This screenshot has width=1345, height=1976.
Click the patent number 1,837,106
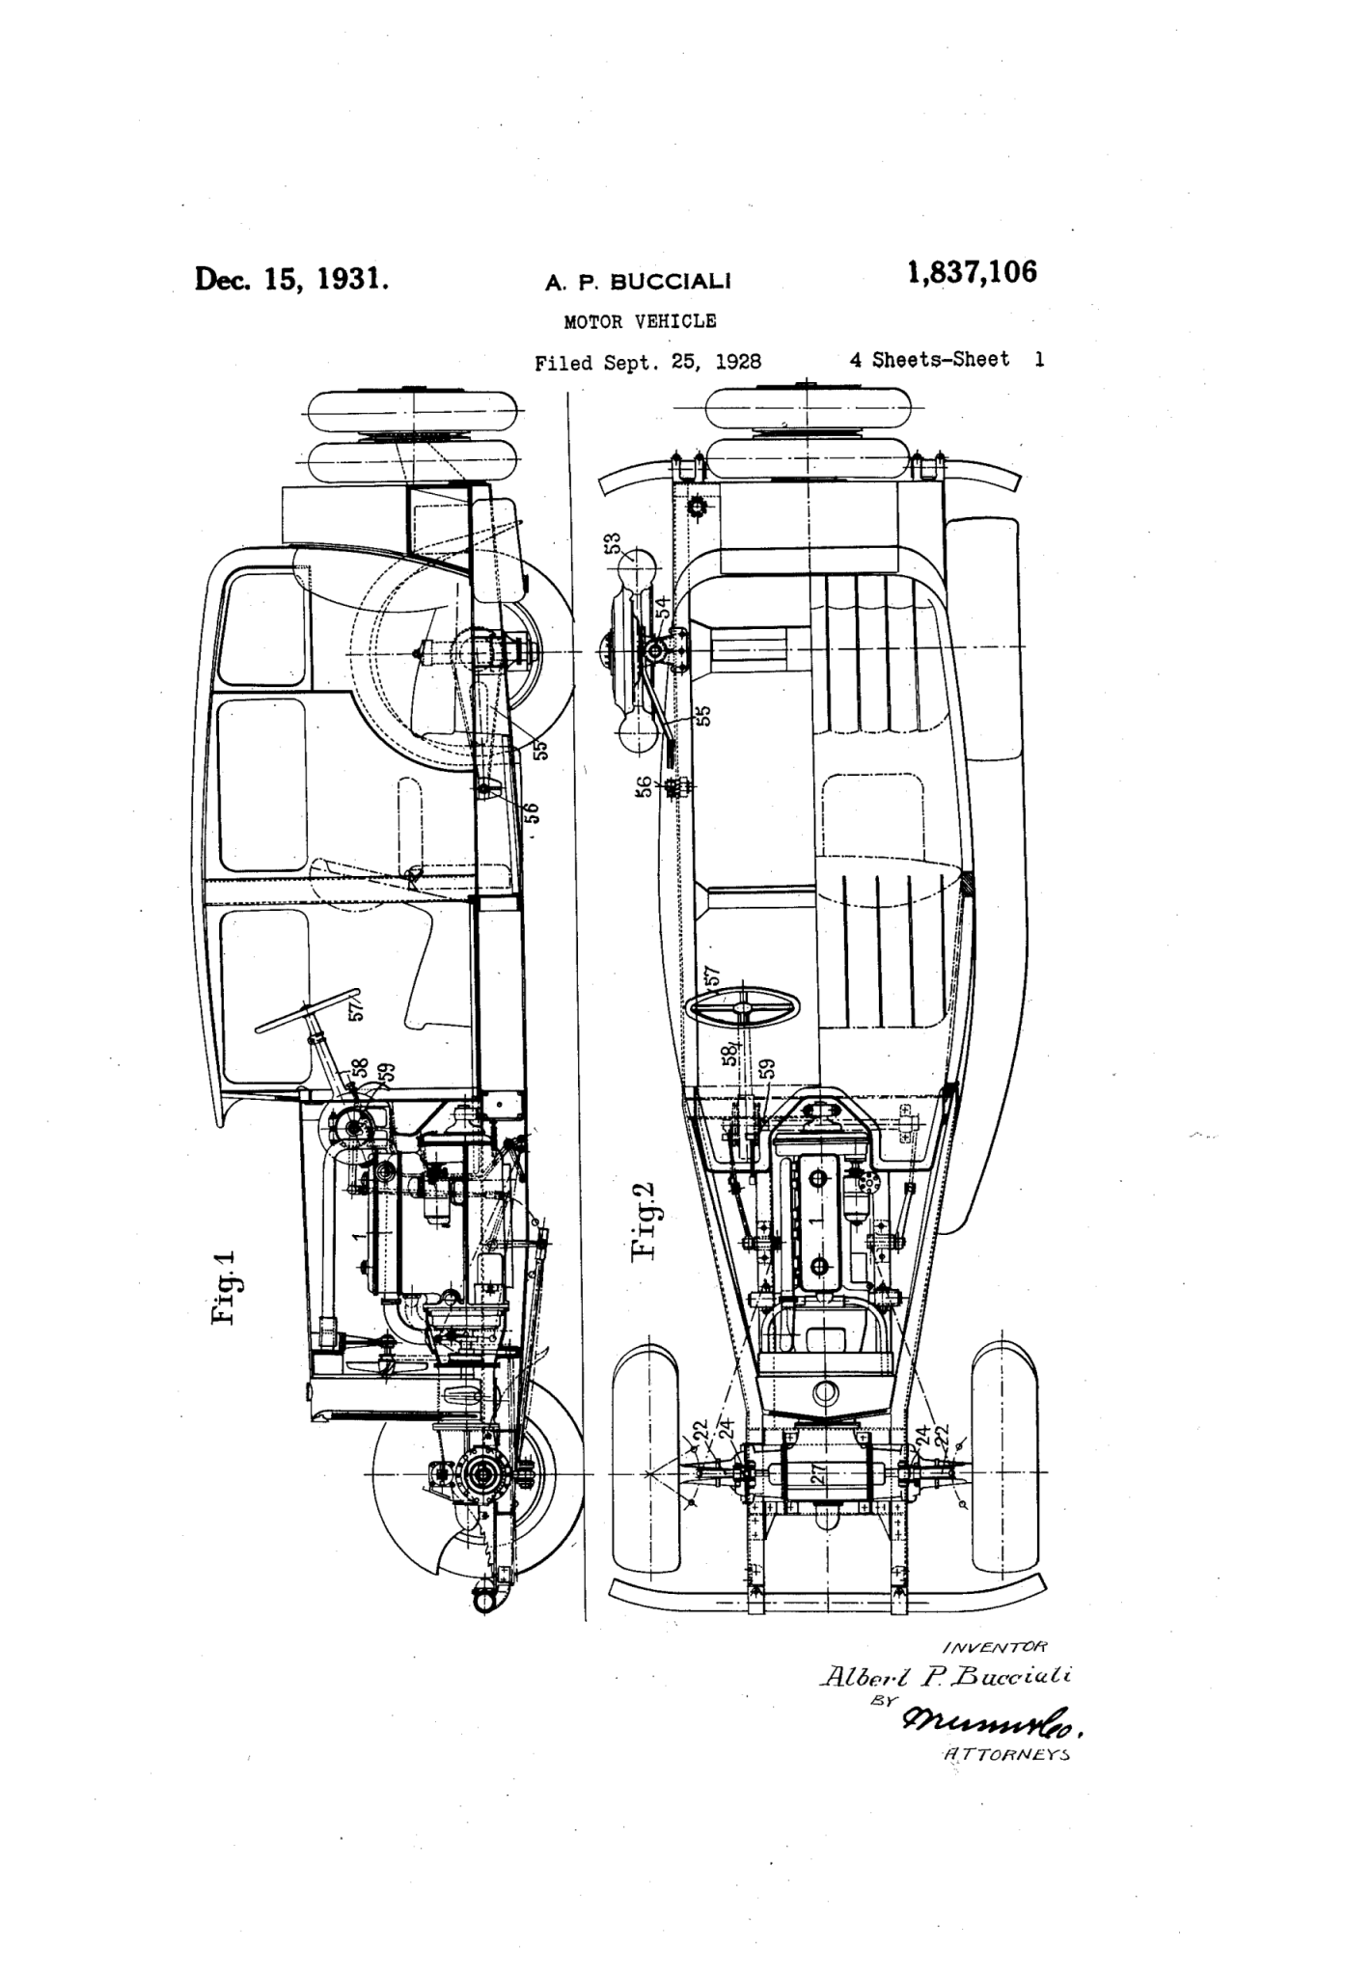(972, 274)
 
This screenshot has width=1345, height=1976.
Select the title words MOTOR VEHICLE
(640, 321)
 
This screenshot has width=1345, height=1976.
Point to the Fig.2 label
(643, 1221)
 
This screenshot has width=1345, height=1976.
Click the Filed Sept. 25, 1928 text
(647, 362)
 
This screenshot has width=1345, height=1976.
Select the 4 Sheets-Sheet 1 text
(947, 360)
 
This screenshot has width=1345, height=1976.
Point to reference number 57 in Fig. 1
(357, 1008)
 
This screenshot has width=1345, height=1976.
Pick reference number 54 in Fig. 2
(663, 610)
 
